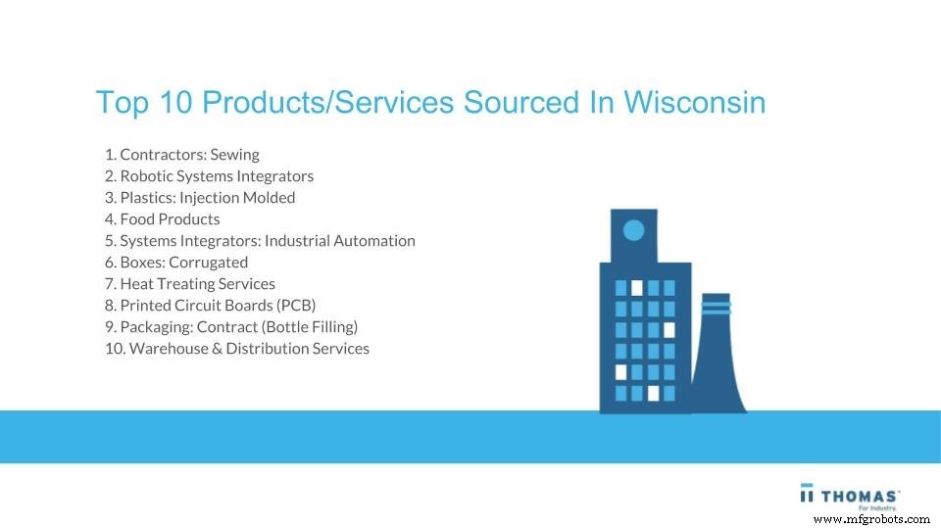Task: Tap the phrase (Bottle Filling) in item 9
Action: pyautogui.click(x=309, y=327)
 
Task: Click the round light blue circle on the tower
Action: pyautogui.click(x=634, y=231)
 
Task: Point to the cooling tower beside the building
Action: pyautogui.click(x=718, y=362)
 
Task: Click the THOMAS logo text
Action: pyautogui.click(x=861, y=493)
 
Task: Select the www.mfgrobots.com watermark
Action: pyautogui.click(x=870, y=518)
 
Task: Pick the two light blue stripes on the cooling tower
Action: pyautogui.click(x=717, y=308)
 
